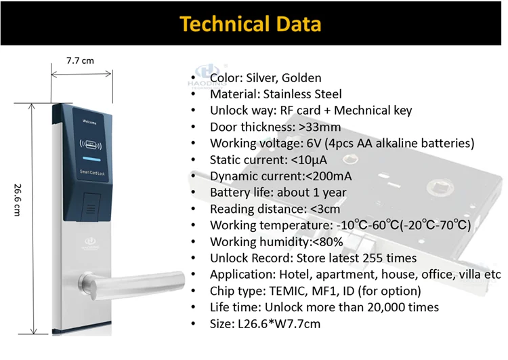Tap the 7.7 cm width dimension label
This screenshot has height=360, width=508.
tap(80, 61)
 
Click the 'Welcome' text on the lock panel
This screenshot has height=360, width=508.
tap(89, 122)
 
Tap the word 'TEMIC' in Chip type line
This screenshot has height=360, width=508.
tap(289, 291)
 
